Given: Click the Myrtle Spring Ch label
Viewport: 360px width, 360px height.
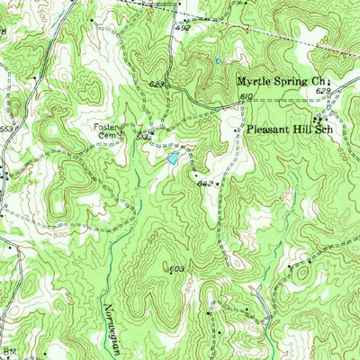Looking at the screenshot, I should [x=283, y=81].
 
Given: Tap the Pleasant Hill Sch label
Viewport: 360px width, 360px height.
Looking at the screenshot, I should [x=287, y=130].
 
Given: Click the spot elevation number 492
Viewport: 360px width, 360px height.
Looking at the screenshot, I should [x=183, y=28].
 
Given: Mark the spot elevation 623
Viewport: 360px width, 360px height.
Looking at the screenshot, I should [x=157, y=85].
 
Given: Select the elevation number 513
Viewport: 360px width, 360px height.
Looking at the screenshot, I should [x=140, y=137].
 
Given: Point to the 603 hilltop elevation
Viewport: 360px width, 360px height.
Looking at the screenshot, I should [x=176, y=268].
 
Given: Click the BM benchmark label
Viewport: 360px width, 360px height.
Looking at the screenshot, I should [x=11, y=352].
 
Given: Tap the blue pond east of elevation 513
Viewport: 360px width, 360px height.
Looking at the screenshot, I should [x=170, y=158].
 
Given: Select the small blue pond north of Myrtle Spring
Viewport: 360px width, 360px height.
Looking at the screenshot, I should [x=219, y=61].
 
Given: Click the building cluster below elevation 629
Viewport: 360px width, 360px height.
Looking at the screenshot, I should [x=319, y=118].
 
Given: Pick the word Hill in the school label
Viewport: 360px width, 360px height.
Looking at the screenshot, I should [x=298, y=130].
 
